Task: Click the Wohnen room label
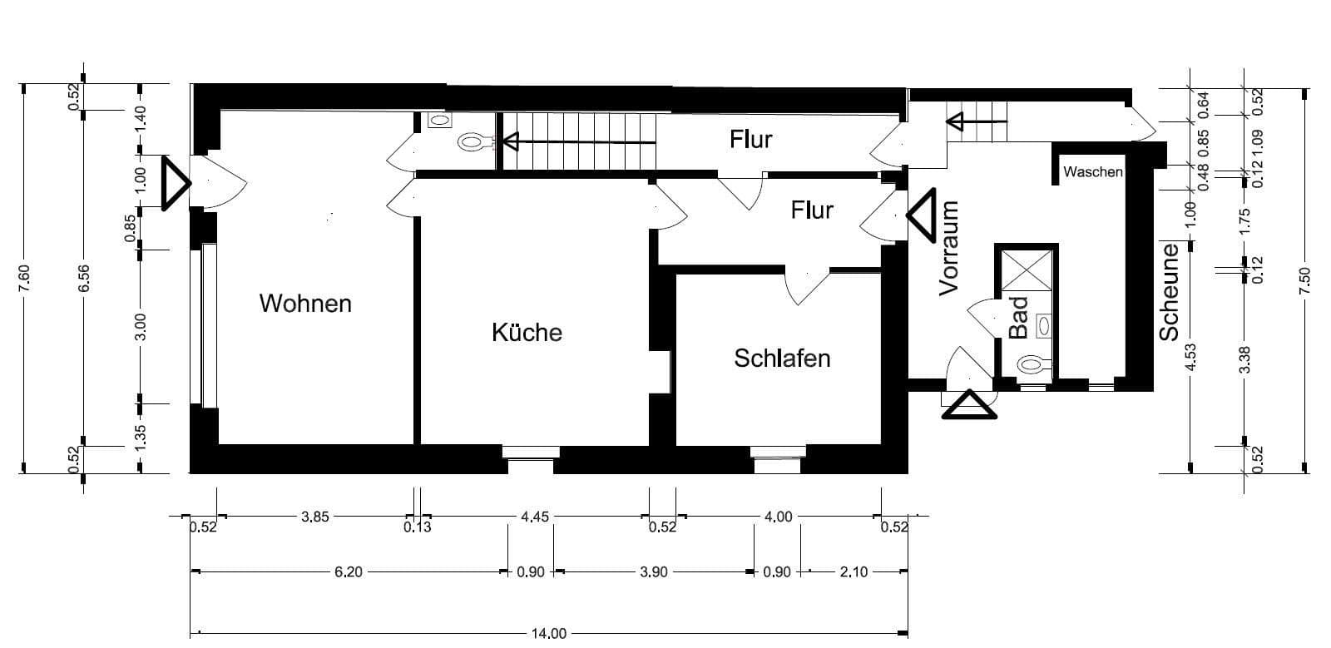[x=305, y=304]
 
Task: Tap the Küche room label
[x=527, y=333]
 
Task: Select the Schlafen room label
[x=782, y=359]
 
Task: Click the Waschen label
[x=1093, y=172]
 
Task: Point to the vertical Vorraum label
[x=949, y=248]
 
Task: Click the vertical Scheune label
[x=1170, y=292]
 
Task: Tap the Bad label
[x=1019, y=318]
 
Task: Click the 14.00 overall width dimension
[x=548, y=634]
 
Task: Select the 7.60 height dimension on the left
[x=24, y=278]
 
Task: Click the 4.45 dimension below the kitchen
[x=534, y=517]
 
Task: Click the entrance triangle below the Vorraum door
[x=968, y=406]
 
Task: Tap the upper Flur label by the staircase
[x=751, y=139]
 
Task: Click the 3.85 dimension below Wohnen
[x=314, y=517]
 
